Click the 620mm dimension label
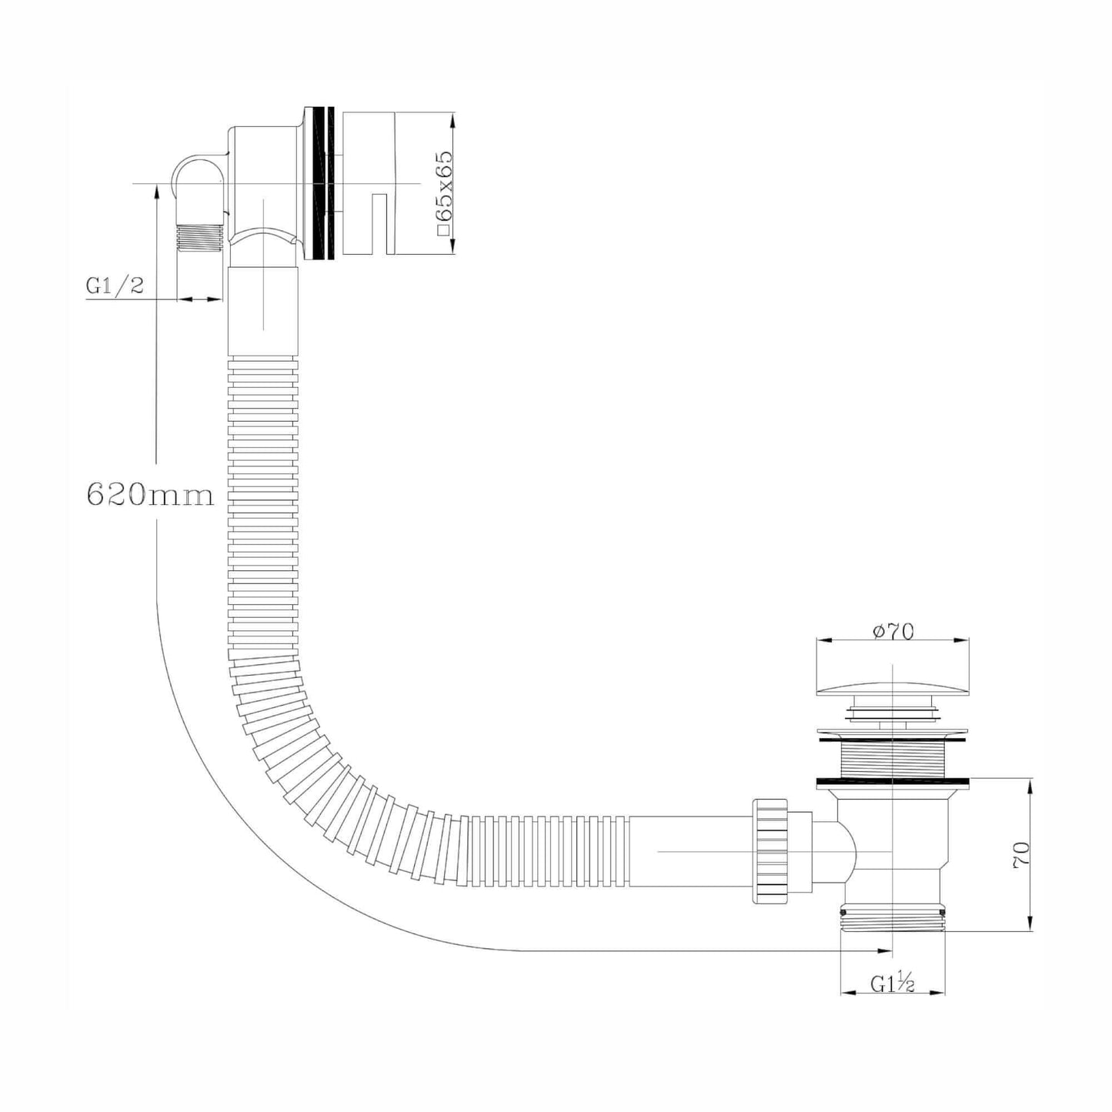coord(150,494)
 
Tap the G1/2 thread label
coord(115,287)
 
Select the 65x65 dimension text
coord(444,192)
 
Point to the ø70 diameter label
coord(893,631)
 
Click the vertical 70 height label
coord(1022,854)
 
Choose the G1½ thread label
coord(893,983)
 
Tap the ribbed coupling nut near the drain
coord(771,850)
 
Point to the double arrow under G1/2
coord(201,299)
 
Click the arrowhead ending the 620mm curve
coord(885,951)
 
